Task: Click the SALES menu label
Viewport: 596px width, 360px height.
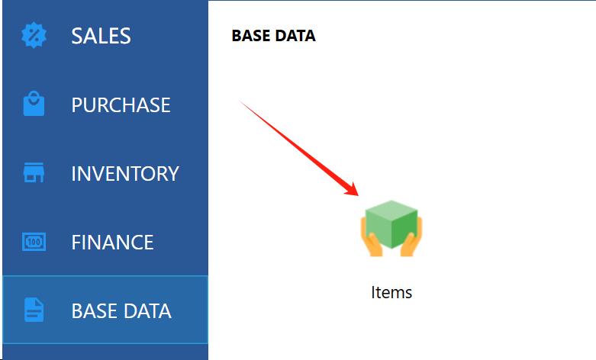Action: click(101, 36)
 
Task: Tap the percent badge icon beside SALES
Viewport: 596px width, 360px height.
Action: click(34, 36)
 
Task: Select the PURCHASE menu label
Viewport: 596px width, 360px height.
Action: click(121, 104)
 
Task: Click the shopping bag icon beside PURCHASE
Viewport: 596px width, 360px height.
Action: click(34, 103)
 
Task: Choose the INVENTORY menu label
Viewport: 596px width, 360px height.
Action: click(125, 174)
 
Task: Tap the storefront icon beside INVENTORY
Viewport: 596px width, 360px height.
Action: click(34, 172)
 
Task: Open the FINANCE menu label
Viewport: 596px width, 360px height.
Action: click(112, 243)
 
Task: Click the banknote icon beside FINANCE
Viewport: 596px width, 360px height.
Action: click(34, 242)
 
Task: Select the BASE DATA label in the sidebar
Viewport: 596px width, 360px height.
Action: click(121, 311)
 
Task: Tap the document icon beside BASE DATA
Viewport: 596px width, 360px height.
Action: click(34, 310)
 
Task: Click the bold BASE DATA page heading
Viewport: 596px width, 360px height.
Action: click(274, 36)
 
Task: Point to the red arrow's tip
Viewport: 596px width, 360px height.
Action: click(359, 195)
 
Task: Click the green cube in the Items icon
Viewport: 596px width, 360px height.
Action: click(391, 224)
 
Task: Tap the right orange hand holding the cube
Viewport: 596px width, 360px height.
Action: click(411, 239)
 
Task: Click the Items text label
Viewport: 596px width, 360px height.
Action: click(391, 292)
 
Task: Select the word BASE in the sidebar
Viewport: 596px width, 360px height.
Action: click(94, 311)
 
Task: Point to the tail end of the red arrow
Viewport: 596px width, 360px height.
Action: click(240, 101)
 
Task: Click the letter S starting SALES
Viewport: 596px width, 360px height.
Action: click(76, 36)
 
